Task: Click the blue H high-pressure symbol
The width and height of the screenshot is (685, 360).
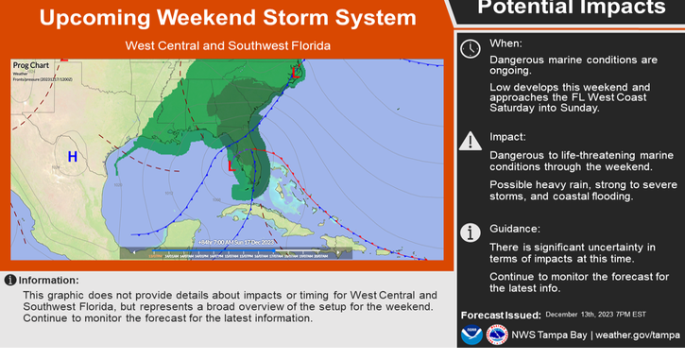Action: (x=72, y=156)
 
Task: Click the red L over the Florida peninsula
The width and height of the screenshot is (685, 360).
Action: (x=231, y=164)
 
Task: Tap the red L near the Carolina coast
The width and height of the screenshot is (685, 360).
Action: (x=296, y=72)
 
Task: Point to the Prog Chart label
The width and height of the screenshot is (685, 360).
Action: (x=30, y=66)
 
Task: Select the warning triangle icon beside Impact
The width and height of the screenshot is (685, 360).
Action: (x=470, y=141)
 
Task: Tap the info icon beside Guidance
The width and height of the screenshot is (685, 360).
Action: (x=470, y=232)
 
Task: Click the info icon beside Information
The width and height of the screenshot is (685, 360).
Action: (x=10, y=280)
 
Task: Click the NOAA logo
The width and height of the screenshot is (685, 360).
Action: (x=471, y=334)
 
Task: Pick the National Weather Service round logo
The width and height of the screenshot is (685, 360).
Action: (x=497, y=334)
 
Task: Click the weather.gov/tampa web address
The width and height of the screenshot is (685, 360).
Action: (x=639, y=334)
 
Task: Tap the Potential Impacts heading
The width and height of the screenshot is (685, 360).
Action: (x=571, y=9)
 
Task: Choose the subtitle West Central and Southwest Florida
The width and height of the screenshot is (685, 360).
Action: (x=228, y=45)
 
